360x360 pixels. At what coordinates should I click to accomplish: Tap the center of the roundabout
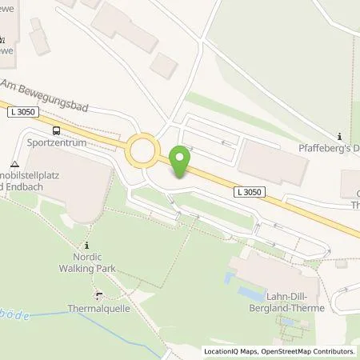(142, 149)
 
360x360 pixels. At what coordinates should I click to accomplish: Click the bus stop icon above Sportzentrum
(55, 130)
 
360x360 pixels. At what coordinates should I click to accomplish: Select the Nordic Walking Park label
(86, 262)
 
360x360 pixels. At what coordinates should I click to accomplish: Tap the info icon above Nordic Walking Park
(86, 244)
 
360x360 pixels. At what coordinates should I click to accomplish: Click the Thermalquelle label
(98, 307)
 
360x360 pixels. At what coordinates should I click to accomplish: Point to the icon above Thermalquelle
(98, 294)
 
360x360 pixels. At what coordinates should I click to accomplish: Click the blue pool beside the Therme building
(230, 280)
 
